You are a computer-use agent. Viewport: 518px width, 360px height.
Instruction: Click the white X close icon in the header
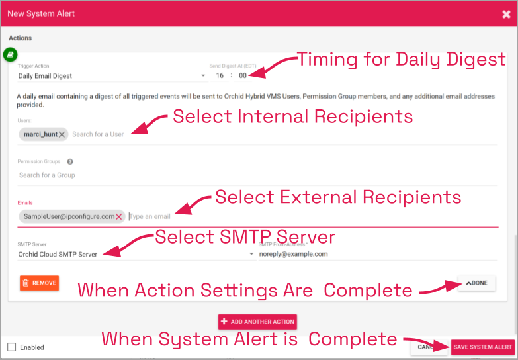tap(506, 14)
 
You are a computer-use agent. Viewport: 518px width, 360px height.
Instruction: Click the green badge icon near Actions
tap(11, 54)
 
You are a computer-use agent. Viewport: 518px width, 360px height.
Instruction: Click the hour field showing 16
tap(220, 76)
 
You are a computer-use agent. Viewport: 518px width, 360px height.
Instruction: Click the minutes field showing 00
tap(243, 76)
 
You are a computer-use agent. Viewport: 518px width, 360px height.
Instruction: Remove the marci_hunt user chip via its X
tap(62, 134)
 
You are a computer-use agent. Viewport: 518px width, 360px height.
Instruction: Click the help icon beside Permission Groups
tap(70, 161)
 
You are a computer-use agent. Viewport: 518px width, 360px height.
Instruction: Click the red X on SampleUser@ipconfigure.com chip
tap(119, 216)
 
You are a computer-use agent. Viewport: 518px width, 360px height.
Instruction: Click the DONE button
tap(476, 283)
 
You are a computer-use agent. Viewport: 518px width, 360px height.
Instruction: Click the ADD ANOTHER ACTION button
tap(257, 322)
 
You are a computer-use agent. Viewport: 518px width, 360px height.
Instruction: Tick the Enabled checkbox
tap(12, 347)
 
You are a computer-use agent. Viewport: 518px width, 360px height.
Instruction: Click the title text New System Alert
tap(41, 14)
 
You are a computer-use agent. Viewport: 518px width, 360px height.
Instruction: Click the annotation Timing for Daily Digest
tap(401, 60)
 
